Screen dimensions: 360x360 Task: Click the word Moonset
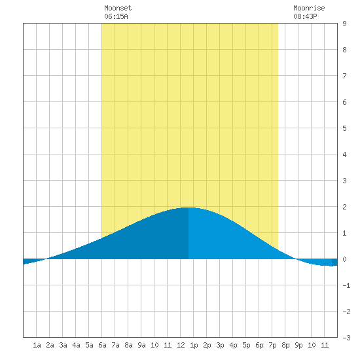coord(118,8)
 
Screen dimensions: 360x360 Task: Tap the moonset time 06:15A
coord(116,16)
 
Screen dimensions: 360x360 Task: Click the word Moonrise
coord(309,8)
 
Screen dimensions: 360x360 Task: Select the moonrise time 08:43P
coord(305,16)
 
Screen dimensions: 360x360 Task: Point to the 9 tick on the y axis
coord(344,24)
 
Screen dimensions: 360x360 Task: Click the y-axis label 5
coord(344,128)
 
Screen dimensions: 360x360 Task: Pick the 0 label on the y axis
coord(344,259)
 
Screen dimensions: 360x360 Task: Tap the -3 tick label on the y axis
coord(346,338)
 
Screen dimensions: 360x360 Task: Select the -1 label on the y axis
coord(346,285)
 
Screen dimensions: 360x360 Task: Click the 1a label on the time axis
coord(37,345)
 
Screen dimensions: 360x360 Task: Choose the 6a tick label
coord(102,345)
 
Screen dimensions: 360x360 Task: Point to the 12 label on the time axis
coord(181,345)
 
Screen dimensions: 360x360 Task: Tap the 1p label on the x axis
coord(194,345)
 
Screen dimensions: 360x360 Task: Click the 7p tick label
coord(272,345)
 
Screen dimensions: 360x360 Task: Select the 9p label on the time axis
coord(298,345)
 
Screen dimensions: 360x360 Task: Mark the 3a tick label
coord(63,345)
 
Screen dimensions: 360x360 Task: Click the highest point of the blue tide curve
coord(189,207)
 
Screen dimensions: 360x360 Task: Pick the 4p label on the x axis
coord(233,345)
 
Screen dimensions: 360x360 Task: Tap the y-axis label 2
coord(344,207)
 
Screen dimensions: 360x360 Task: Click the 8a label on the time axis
coord(128,345)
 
